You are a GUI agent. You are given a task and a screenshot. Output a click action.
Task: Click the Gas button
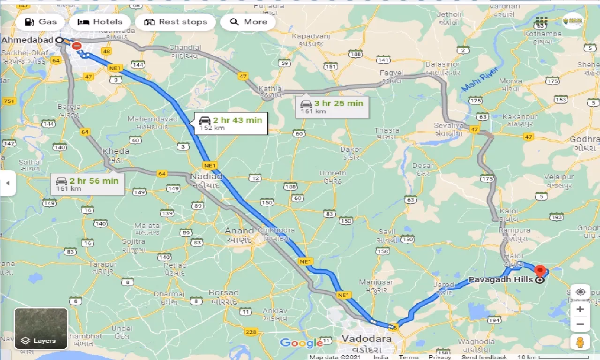tap(40, 22)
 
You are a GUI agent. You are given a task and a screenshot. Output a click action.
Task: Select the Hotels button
tap(100, 22)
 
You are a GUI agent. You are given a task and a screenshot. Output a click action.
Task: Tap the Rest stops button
tap(175, 22)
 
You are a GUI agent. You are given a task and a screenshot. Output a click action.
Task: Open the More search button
tap(248, 22)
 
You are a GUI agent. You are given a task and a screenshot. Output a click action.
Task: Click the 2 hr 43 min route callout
tap(231, 123)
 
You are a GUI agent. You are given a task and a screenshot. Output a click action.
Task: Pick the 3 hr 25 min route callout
tap(332, 107)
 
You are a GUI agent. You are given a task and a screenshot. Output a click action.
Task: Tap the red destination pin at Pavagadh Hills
tap(540, 271)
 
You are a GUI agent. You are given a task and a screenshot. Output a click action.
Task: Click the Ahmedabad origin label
tap(27, 40)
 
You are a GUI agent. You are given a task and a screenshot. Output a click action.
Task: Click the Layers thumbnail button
tap(41, 328)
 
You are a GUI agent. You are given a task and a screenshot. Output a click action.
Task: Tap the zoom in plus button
tap(580, 309)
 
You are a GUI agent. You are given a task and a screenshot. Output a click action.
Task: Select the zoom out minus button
tap(580, 324)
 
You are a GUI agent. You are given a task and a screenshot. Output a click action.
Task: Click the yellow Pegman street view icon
tap(580, 342)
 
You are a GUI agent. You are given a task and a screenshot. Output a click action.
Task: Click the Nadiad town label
tap(206, 177)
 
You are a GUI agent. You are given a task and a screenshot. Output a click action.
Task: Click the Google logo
tap(302, 343)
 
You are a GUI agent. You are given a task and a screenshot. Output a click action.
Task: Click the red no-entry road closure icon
tap(77, 46)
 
